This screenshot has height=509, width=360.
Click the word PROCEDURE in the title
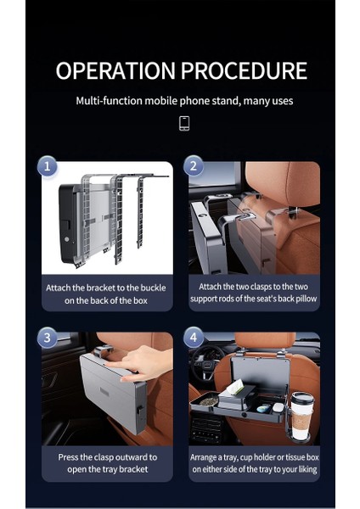coord(244,70)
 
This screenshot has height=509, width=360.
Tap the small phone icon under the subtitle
coord(184,123)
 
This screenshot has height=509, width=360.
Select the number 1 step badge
coord(48,166)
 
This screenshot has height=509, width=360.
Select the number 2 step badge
coord(194,166)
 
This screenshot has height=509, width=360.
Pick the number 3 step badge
coord(47,338)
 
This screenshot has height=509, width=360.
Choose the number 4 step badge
coord(194,338)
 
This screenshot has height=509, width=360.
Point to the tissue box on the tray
coord(236,397)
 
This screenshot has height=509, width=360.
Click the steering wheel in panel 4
coord(205,361)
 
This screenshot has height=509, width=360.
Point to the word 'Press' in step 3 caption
coord(68,457)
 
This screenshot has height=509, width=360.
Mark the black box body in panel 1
coord(68,222)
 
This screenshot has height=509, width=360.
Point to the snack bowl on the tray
coord(208,400)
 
